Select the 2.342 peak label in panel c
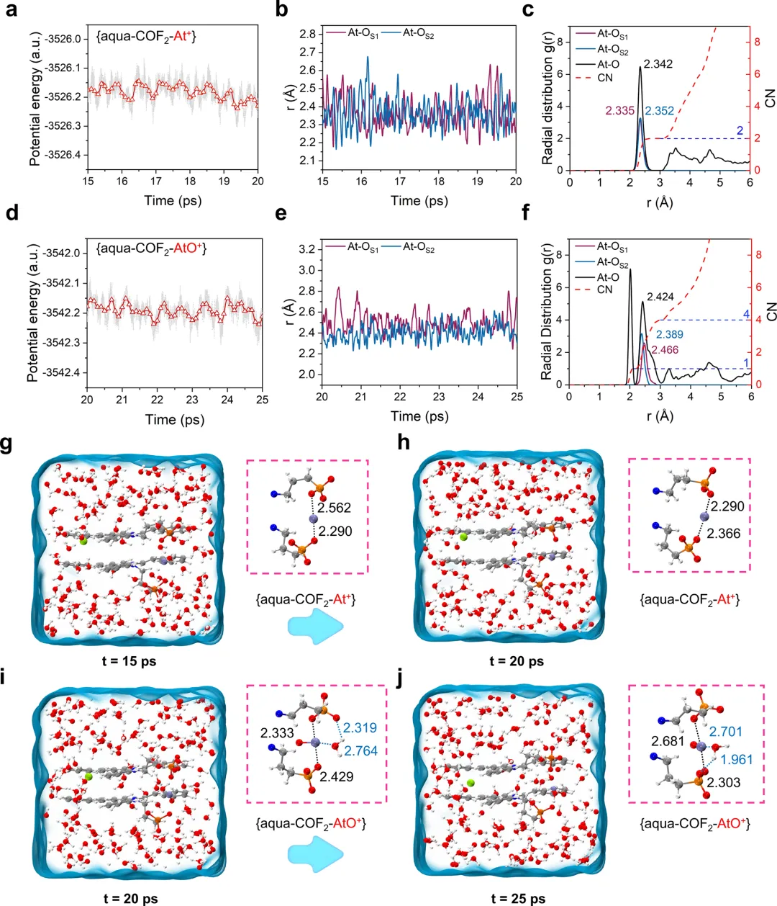click(658, 64)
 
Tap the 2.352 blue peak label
click(659, 111)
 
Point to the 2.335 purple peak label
click(620, 111)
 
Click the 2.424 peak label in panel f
click(660, 297)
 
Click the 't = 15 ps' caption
click(129, 660)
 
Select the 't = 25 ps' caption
click(518, 899)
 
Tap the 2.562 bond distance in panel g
click(335, 508)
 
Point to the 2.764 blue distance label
click(360, 751)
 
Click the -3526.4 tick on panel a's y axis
click(63, 155)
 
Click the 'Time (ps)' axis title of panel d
click(174, 419)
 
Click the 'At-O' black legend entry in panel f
click(608, 277)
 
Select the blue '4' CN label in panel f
click(746, 315)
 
